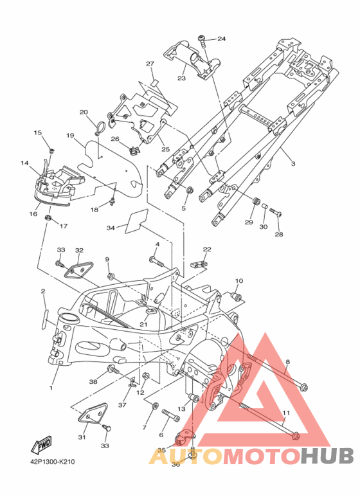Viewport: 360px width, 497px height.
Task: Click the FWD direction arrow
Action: pyautogui.click(x=40, y=445)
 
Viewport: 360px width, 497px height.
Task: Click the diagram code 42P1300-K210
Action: pyautogui.click(x=53, y=462)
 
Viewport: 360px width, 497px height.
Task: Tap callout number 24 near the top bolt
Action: pyautogui.click(x=222, y=39)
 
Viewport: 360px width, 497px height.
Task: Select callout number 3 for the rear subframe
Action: pyautogui.click(x=293, y=163)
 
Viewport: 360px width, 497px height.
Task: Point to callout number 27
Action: pyautogui.click(x=150, y=64)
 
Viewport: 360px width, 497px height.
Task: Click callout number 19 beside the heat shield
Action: pyautogui.click(x=70, y=136)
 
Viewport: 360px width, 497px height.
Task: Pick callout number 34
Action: pyautogui.click(x=111, y=228)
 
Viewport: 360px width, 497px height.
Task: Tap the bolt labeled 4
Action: pyautogui.click(x=156, y=261)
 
